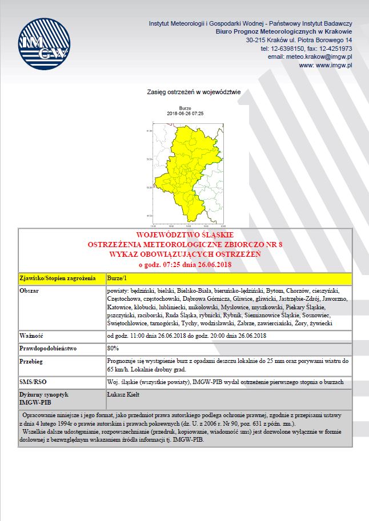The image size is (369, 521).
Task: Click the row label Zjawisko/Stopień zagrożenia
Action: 57,278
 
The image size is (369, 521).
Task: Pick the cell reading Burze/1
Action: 117,278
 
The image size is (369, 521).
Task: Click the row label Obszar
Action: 30,290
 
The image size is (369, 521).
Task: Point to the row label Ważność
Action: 32,336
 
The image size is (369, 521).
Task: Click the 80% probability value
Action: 113,348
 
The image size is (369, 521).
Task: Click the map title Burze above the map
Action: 185,108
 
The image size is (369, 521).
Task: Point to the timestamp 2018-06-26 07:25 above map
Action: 185,114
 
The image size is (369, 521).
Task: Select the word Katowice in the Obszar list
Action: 120,307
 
